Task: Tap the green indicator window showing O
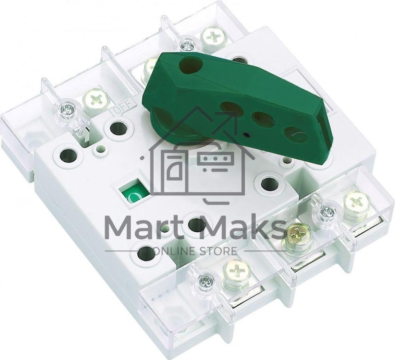(x=133, y=192)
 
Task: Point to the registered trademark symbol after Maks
(x=289, y=216)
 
